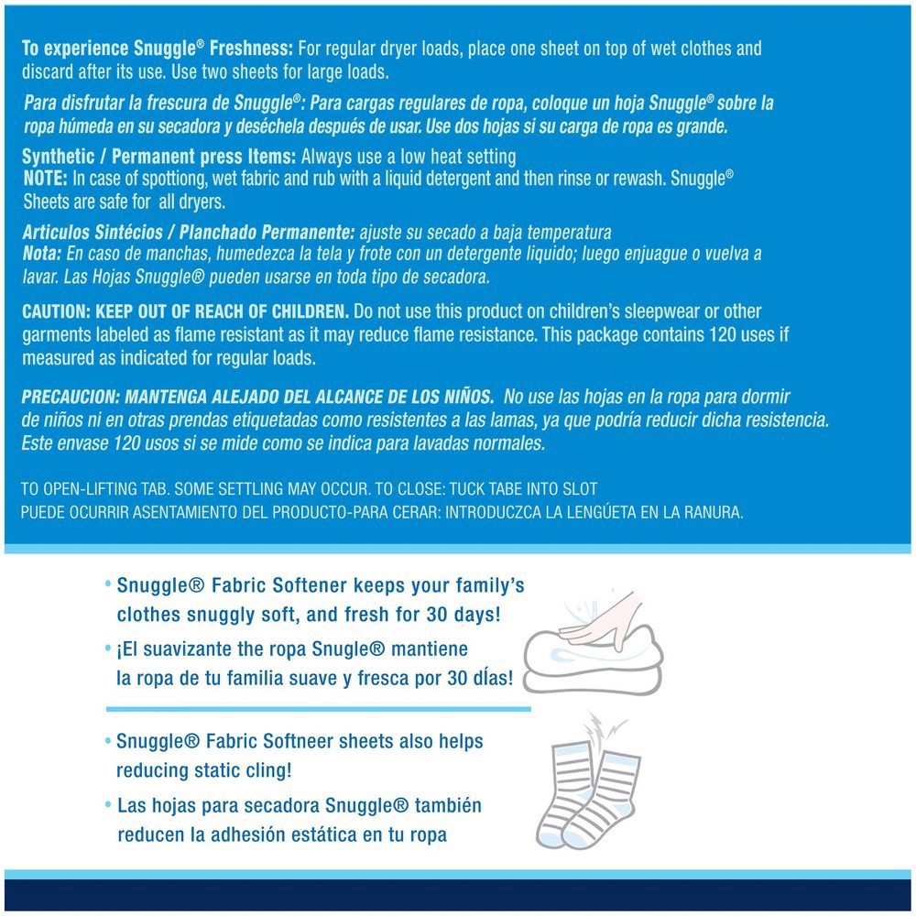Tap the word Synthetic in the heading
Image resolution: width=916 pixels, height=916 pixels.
(57, 157)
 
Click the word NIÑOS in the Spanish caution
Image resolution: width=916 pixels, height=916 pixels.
(467, 397)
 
